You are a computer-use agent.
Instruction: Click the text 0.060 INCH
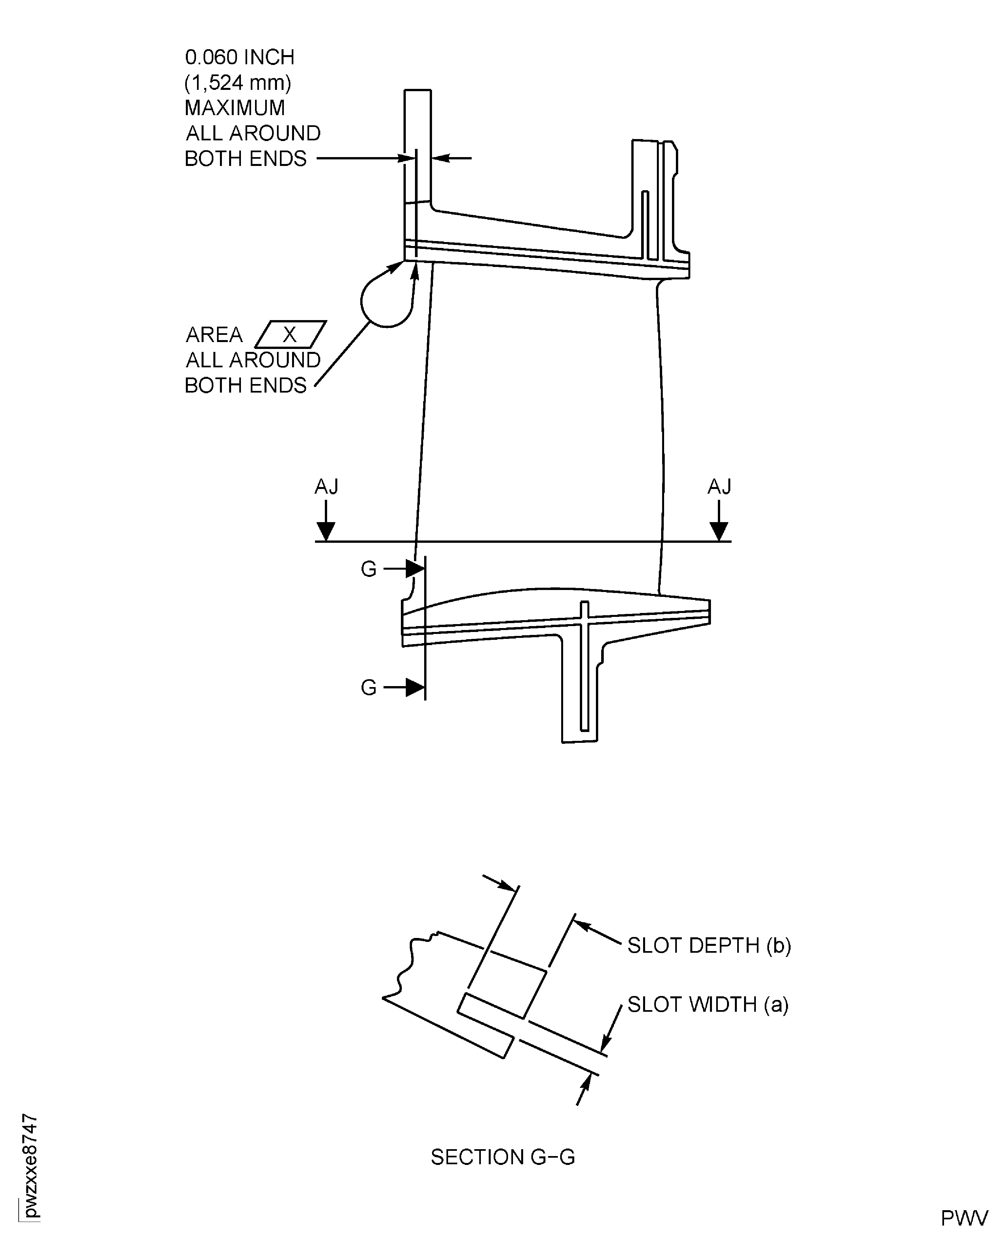239,57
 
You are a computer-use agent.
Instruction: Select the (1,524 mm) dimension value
238,83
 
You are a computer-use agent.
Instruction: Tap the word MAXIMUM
235,108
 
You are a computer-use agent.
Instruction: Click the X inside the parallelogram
290,335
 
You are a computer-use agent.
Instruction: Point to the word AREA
214,335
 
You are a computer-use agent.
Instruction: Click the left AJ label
326,487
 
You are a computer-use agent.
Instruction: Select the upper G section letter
368,569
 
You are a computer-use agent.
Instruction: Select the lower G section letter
368,687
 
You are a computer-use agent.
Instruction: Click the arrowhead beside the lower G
415,687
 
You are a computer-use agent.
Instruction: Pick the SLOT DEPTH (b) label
709,946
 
